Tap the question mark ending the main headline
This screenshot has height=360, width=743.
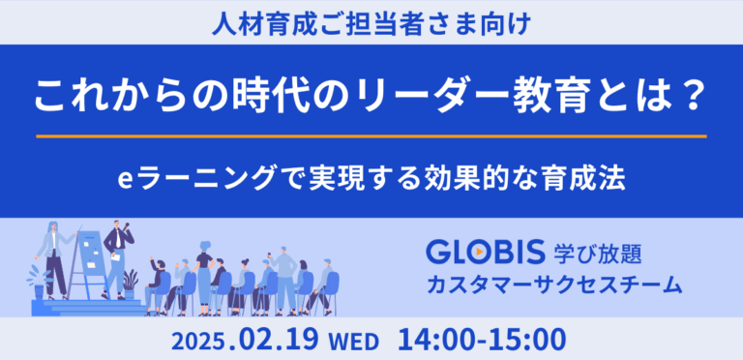pos(692,98)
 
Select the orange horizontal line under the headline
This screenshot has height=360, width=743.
pos(371,136)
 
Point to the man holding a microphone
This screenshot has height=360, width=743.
pos(117,256)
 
